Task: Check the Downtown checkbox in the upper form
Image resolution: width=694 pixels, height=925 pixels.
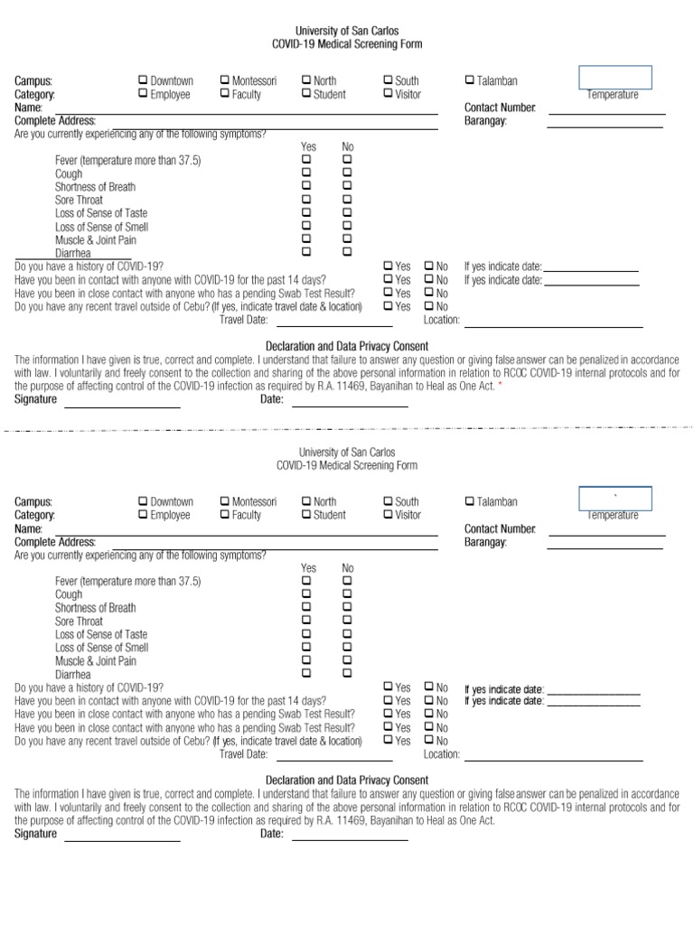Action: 143,80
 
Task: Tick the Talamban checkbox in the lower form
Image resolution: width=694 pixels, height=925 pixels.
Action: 470,501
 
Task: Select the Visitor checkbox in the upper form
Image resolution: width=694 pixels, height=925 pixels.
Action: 389,94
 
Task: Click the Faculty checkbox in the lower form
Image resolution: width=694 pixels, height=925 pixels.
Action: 225,515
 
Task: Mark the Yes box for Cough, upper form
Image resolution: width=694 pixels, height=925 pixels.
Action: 306,173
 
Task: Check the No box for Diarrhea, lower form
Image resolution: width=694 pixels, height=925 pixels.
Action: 348,673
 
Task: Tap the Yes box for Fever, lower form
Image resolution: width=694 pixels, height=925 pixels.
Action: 306,581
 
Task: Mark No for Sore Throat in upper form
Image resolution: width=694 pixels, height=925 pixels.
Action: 348,199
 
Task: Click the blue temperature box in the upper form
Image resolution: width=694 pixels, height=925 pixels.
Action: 614,78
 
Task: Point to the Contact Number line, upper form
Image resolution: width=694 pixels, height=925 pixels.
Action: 606,113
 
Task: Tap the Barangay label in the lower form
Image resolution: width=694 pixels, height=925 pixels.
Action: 485,542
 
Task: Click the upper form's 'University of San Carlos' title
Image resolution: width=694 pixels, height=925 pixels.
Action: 348,31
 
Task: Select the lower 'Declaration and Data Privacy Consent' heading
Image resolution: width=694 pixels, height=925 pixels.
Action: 347,780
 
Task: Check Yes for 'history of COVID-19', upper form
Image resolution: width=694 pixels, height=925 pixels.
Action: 389,266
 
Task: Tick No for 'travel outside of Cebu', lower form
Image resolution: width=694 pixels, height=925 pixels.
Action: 429,741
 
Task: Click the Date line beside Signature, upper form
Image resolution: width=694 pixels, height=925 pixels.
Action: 349,405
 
